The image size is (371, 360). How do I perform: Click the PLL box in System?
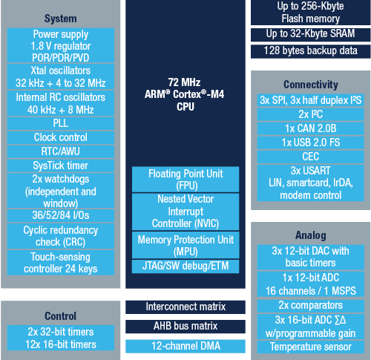pyautogui.click(x=61, y=123)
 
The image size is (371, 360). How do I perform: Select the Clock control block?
pyautogui.click(x=61, y=137)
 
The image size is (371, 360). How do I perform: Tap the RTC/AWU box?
pyautogui.click(x=61, y=151)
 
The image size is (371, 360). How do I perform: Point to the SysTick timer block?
pyautogui.click(x=61, y=166)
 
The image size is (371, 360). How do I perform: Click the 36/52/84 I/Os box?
pyautogui.click(x=61, y=215)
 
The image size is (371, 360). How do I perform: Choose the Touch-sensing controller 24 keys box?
pyautogui.click(x=61, y=263)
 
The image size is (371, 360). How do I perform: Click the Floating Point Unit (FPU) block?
pyautogui.click(x=185, y=180)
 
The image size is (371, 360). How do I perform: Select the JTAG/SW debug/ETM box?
pyautogui.click(x=185, y=266)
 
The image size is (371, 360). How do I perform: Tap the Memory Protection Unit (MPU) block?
pyautogui.click(x=185, y=245)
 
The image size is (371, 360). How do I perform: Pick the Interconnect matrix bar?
pyautogui.click(x=185, y=307)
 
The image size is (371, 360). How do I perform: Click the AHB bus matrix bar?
pyautogui.click(x=185, y=327)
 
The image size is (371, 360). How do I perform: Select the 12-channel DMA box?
pyautogui.click(x=185, y=346)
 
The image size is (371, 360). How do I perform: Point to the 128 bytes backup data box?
pyautogui.click(x=311, y=51)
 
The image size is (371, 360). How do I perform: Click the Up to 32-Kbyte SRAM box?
pyautogui.click(x=311, y=34)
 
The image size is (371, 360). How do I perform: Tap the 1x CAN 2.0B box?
pyautogui.click(x=311, y=128)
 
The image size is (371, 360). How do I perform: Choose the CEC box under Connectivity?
pyautogui.click(x=311, y=157)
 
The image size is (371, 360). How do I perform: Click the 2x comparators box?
pyautogui.click(x=311, y=306)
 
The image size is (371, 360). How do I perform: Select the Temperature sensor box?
pyautogui.click(x=311, y=347)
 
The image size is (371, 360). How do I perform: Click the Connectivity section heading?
pyautogui.click(x=311, y=85)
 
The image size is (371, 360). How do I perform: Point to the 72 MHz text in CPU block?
pyautogui.click(x=184, y=82)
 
